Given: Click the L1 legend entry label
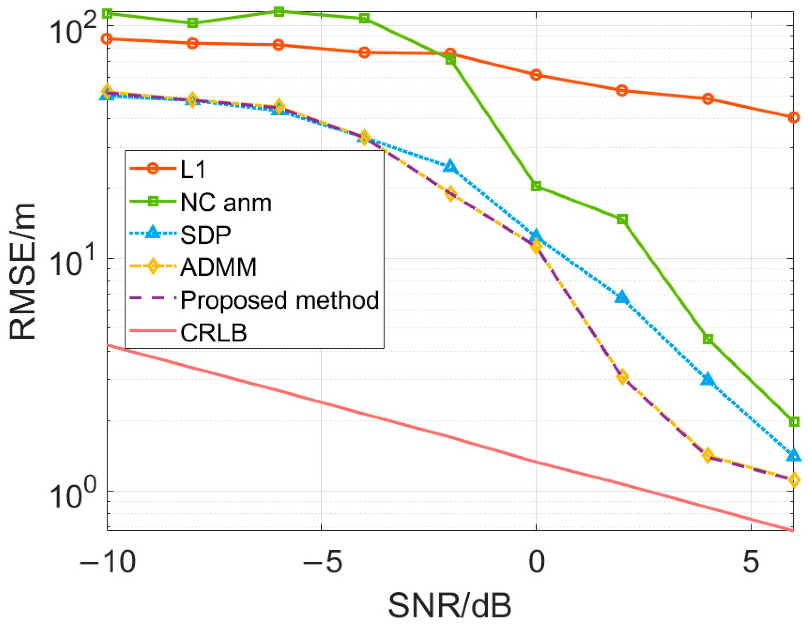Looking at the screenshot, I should (193, 170).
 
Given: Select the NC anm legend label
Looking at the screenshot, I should (226, 203).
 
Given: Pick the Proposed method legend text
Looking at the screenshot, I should (280, 300).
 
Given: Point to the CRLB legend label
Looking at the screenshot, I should (213, 332).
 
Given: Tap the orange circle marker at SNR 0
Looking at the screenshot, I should (536, 75).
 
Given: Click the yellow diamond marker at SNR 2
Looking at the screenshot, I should (623, 377).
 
